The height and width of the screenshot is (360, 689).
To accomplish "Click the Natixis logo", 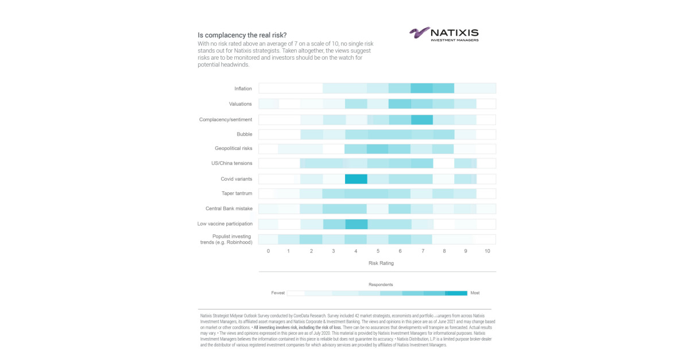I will tap(443, 34).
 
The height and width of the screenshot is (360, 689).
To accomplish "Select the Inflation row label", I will tap(243, 88).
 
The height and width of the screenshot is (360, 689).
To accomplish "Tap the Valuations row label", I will tap(241, 104).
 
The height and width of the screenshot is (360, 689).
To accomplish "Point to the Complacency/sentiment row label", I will tap(226, 119).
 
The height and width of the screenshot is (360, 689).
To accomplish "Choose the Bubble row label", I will tap(244, 134).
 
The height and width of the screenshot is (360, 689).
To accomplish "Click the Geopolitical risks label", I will tap(233, 148).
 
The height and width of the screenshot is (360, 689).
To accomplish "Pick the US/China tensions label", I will tap(231, 163).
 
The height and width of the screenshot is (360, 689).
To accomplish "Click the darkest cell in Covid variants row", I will tap(356, 179).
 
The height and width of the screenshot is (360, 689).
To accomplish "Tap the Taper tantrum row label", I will tap(237, 193).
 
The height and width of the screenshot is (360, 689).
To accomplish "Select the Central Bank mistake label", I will tap(229, 208).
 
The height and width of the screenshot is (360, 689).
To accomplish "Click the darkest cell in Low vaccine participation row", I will tap(356, 223).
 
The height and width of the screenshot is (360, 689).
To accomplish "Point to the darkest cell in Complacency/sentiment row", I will tap(422, 119).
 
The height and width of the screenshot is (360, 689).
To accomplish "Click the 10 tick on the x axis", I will tap(487, 251).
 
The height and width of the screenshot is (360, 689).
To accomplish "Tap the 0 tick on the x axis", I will tap(268, 251).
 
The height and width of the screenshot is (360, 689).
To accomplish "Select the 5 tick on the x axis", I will tap(378, 251).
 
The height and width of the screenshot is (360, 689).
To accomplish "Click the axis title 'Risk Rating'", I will tap(381, 263).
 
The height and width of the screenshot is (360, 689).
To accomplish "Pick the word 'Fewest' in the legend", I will tap(278, 293).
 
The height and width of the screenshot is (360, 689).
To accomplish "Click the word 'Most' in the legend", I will tap(475, 293).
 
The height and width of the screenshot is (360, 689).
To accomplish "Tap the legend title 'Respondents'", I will tap(381, 284).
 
